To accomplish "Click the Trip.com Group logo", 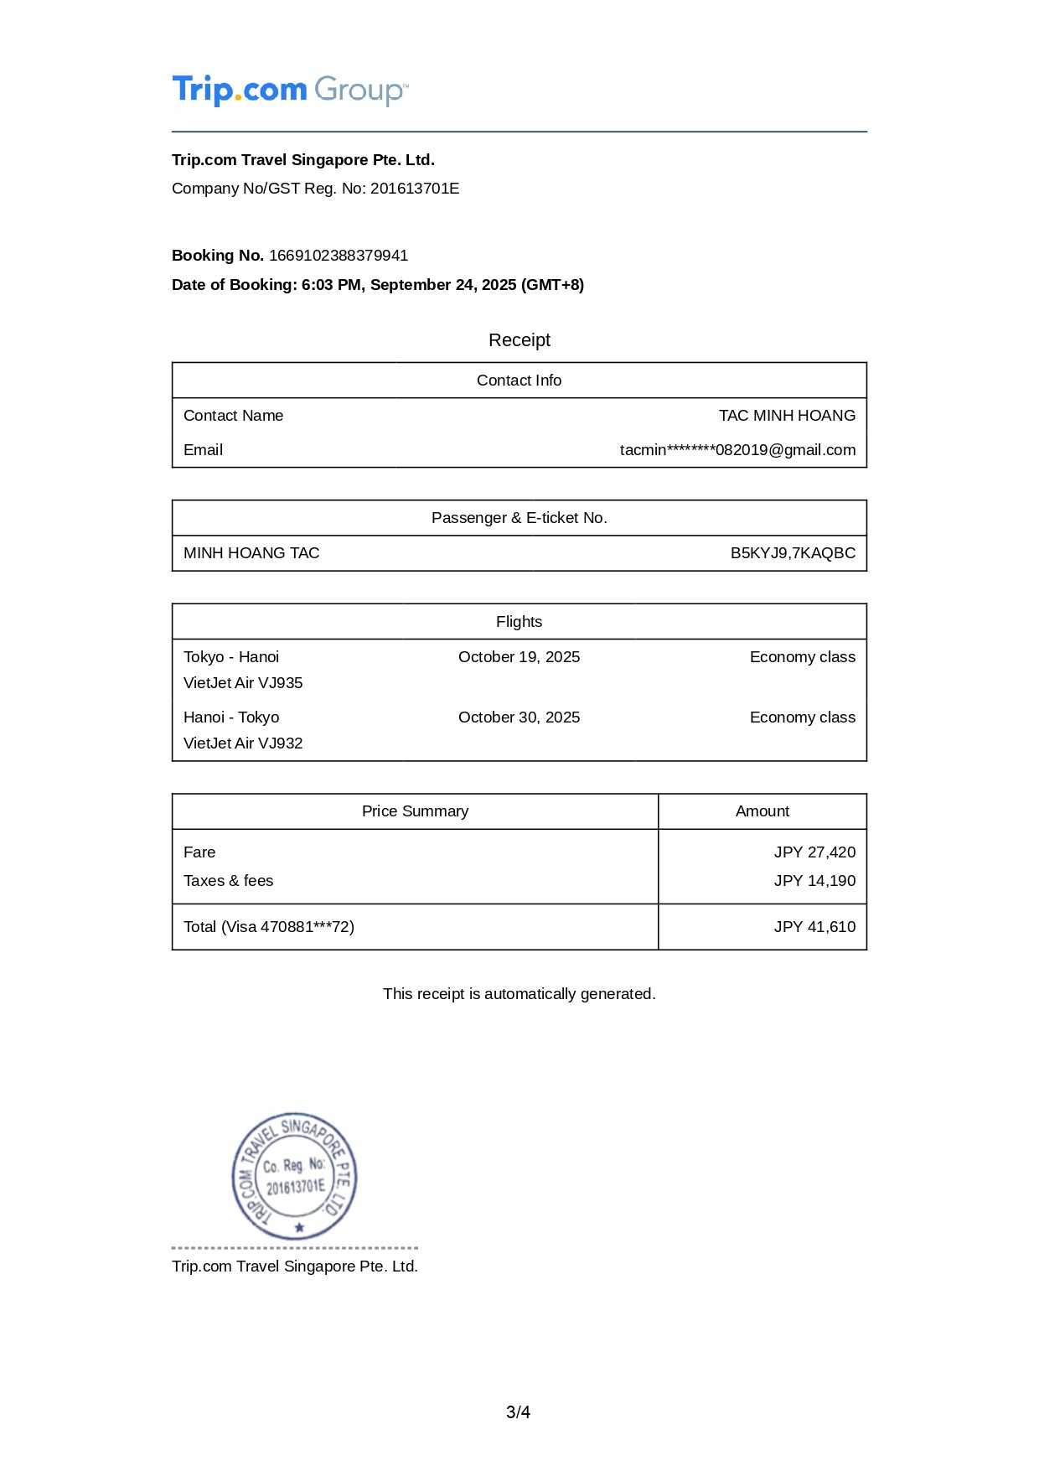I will [x=290, y=90].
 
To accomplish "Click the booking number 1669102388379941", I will [x=339, y=256].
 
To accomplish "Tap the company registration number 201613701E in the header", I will [x=415, y=189].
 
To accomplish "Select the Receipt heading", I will [x=519, y=340].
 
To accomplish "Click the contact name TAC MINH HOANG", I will [x=787, y=416].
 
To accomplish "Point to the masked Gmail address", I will [x=737, y=450].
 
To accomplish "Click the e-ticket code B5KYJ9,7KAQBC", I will [x=793, y=553].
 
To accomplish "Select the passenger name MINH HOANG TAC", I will [x=251, y=553].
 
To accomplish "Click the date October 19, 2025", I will [x=519, y=657].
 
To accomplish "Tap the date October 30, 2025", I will [x=519, y=717].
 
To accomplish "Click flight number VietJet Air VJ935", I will [x=243, y=683].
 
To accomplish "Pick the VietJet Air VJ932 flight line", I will [x=243, y=743].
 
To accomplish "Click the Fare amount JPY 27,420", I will [x=814, y=852].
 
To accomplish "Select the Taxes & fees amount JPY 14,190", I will [x=814, y=881].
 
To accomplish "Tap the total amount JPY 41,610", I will [x=814, y=927].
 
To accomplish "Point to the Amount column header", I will [x=762, y=811].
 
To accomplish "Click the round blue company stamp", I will [x=295, y=1176].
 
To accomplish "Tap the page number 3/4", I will [x=518, y=1412].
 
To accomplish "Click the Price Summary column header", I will [x=415, y=811].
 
